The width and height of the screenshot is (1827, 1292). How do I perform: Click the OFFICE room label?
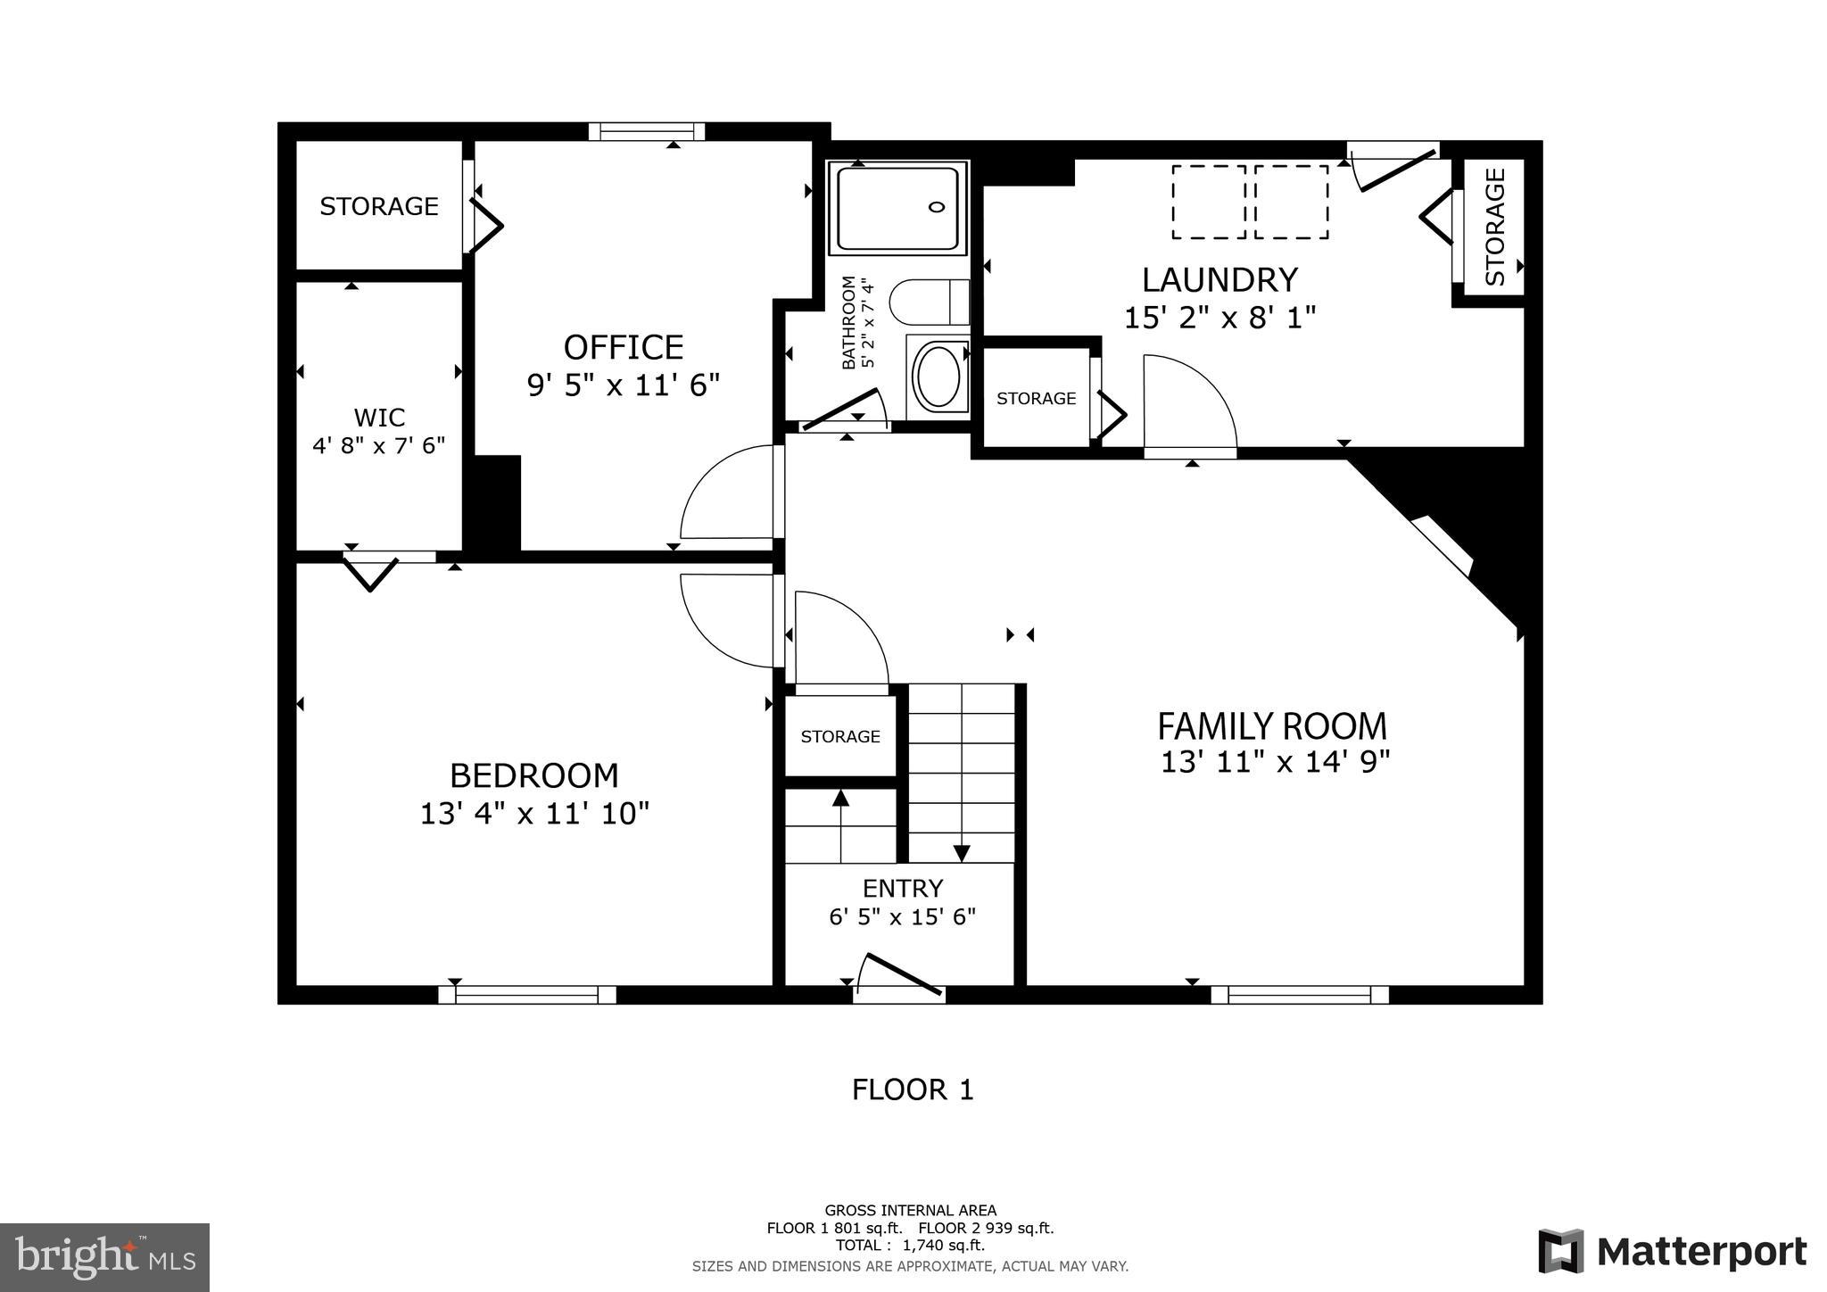tap(623, 347)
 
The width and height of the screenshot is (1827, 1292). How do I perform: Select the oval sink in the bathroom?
tap(938, 378)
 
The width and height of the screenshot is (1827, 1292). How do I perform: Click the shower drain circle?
tap(936, 207)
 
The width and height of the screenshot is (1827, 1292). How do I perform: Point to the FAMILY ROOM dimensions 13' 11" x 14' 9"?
tap(1275, 763)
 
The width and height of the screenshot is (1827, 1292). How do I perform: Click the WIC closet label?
tap(379, 418)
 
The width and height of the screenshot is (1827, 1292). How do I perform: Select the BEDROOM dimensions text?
tap(534, 814)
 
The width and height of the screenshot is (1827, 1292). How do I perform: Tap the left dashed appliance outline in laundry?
tap(1209, 202)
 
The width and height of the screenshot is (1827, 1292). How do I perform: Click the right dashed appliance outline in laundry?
tap(1291, 202)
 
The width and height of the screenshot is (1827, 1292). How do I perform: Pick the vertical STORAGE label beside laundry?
tap(1495, 227)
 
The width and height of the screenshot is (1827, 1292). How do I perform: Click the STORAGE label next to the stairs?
tap(839, 737)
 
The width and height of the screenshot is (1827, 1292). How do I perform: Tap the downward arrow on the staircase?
tap(961, 852)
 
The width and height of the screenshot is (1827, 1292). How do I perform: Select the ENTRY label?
tap(902, 889)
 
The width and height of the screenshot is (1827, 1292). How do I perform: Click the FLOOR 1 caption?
tap(912, 1090)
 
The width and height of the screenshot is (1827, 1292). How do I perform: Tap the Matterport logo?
tap(1672, 1252)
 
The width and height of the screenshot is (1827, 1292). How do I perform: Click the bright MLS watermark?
tap(104, 1258)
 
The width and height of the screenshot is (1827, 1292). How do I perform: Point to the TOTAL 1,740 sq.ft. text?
tap(910, 1246)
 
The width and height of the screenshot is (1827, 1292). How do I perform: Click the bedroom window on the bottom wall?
tap(526, 995)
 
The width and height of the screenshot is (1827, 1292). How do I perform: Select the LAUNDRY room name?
tap(1219, 280)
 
